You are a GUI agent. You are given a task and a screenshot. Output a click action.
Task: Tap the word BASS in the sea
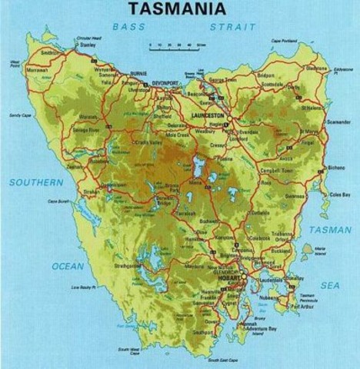click(x=128, y=27)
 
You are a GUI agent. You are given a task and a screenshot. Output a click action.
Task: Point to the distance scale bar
click(x=177, y=46)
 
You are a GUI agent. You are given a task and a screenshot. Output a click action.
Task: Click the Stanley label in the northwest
click(x=88, y=45)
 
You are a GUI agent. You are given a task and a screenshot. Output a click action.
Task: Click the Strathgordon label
click(x=127, y=265)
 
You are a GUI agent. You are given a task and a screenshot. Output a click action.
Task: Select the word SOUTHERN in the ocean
click(x=36, y=182)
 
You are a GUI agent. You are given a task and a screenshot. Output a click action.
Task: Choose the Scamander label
click(x=338, y=122)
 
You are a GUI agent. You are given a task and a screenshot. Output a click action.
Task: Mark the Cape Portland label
click(x=285, y=41)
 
